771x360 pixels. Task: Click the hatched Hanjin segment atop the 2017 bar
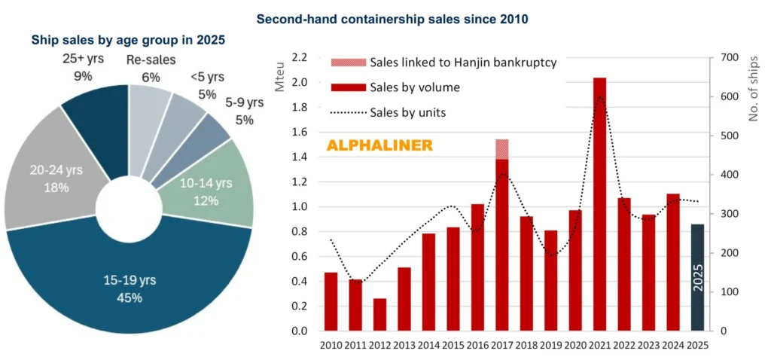[x=502, y=148]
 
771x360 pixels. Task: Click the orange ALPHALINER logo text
[x=379, y=145]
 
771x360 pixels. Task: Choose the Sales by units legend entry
[x=407, y=112]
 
